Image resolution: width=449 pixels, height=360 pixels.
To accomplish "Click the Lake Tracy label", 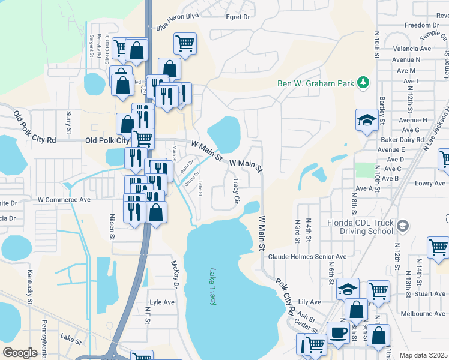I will click(212, 286).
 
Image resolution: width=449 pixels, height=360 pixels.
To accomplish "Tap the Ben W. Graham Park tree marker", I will click(363, 83).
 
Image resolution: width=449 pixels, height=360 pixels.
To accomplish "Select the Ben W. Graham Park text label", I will click(316, 83).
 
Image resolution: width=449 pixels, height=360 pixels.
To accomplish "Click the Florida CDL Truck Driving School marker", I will click(403, 226).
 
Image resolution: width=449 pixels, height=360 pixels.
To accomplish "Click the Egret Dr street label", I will click(238, 17).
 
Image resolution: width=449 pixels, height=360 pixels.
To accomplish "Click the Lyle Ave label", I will click(162, 302).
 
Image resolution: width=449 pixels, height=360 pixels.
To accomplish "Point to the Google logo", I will click(20, 353).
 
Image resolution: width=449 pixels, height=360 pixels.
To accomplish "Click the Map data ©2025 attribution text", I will click(423, 355).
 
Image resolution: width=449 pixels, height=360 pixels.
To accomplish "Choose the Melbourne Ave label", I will click(424, 314).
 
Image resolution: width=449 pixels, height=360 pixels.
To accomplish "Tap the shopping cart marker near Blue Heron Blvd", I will click(185, 43).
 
